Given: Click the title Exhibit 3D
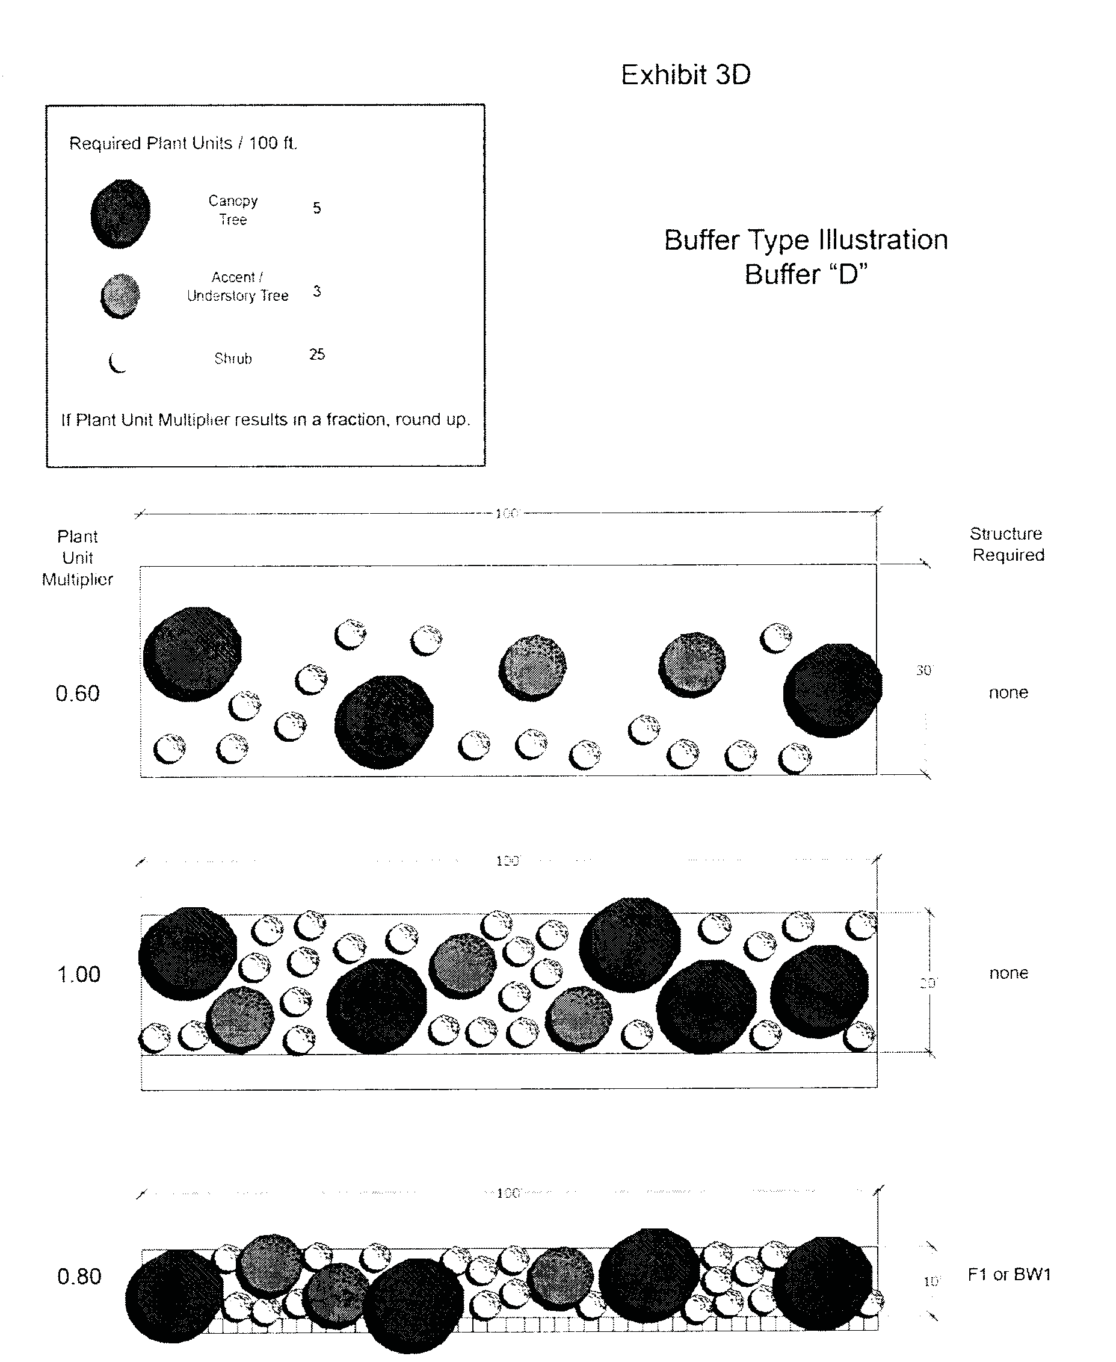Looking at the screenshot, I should click(x=685, y=75).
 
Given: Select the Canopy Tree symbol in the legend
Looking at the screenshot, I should click(x=120, y=214).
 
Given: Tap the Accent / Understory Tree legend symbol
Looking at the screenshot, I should click(x=120, y=295).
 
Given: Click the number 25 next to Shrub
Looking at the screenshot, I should click(x=317, y=354).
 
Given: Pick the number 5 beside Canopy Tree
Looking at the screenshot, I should click(x=317, y=208).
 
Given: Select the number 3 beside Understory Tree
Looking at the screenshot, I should click(x=317, y=291).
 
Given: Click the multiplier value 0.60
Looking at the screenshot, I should click(x=78, y=694).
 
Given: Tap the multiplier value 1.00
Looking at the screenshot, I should click(x=78, y=975).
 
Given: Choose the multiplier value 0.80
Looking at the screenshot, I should click(x=79, y=1276).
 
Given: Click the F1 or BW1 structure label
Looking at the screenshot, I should click(x=1009, y=1274).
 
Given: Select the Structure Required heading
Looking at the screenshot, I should click(x=1007, y=544).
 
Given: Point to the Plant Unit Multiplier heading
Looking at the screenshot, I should click(x=78, y=557).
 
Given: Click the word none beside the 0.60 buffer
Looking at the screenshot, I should click(x=1008, y=692).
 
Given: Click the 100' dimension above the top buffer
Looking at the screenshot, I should click(x=507, y=514).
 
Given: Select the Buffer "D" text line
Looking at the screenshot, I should click(x=806, y=274).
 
